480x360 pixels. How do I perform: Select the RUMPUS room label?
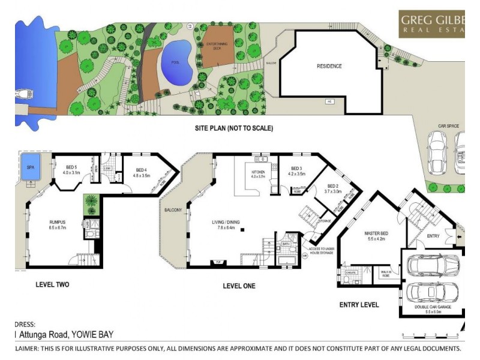pyautogui.click(x=57, y=223)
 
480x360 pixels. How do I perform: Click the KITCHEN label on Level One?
pyautogui.click(x=258, y=174)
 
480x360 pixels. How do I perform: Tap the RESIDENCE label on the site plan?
pyautogui.click(x=329, y=66)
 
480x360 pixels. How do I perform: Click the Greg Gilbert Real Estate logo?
pyautogui.click(x=431, y=24)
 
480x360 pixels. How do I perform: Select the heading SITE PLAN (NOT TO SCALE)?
pyautogui.click(x=234, y=128)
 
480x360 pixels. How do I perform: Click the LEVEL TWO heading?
pyautogui.click(x=52, y=284)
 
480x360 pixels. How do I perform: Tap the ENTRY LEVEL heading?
pyautogui.click(x=359, y=305)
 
